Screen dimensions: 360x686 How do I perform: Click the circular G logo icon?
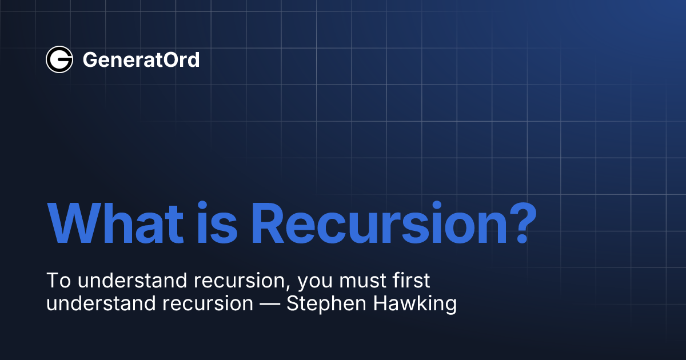click(x=59, y=59)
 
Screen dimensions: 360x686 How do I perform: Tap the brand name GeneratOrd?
click(x=141, y=59)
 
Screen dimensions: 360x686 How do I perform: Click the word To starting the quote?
click(x=57, y=281)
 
